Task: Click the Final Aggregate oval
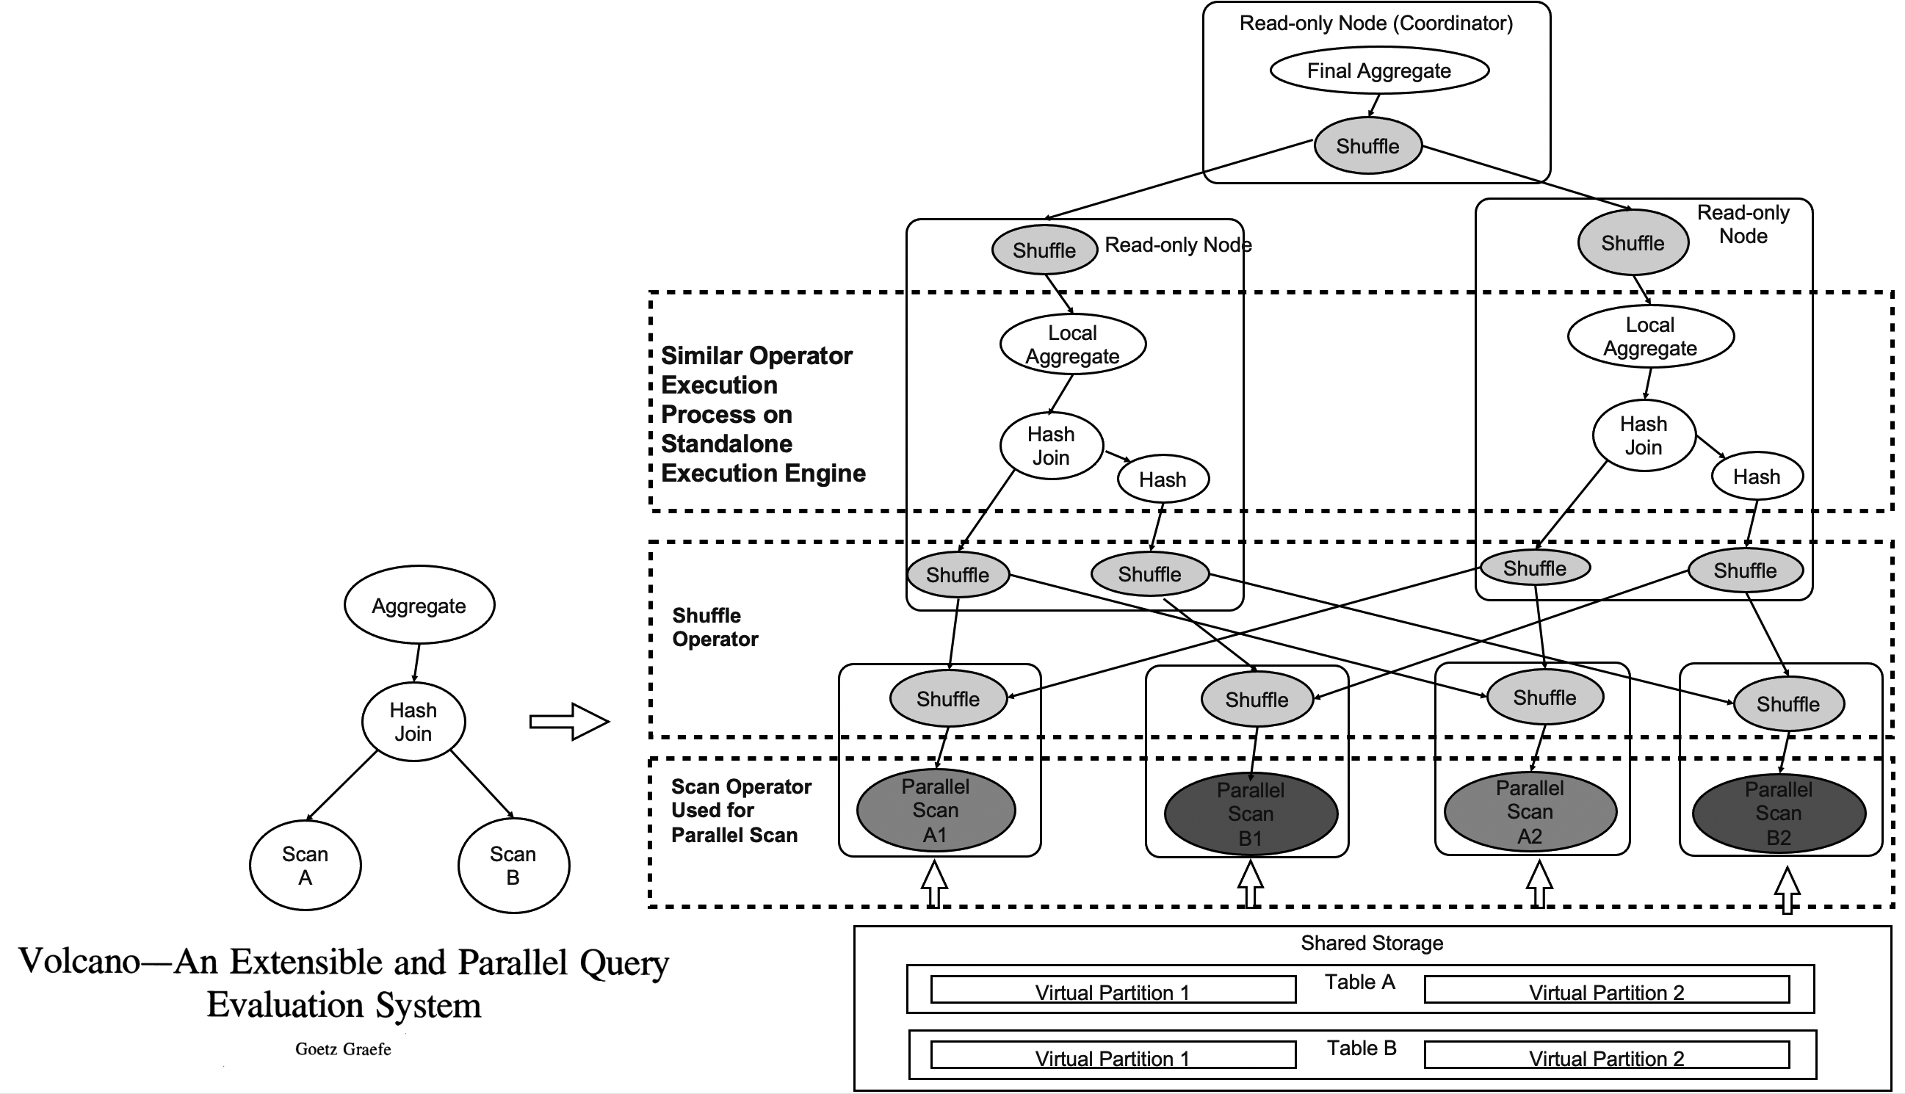[x=1379, y=70]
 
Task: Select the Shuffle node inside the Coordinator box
[x=1367, y=146]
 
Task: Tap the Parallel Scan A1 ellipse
[x=936, y=810]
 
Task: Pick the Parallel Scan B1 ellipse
[x=1251, y=814]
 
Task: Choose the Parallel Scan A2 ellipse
[x=1530, y=811]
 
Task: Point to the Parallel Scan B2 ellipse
[x=1779, y=813]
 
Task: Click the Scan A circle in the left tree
[x=305, y=866]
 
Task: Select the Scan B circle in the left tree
[x=513, y=866]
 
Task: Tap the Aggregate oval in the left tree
[x=419, y=606]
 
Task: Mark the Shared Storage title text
[x=1371, y=943]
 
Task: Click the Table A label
[x=1359, y=982]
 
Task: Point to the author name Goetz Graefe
[x=343, y=1049]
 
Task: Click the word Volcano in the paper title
[x=79, y=961]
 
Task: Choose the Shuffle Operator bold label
[x=715, y=627]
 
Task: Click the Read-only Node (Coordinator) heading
[x=1376, y=23]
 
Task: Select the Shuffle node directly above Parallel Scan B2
[x=1787, y=704]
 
